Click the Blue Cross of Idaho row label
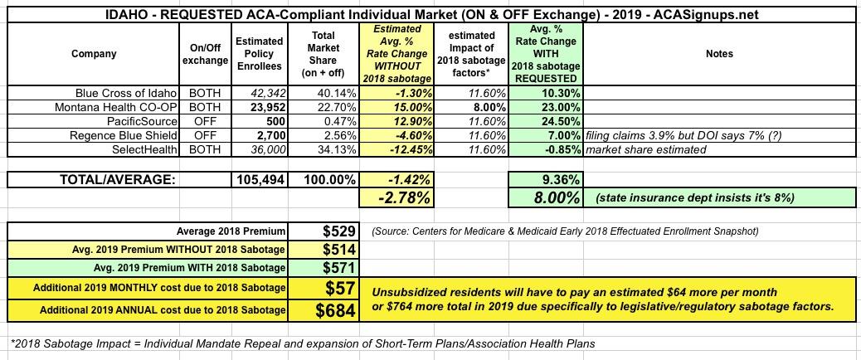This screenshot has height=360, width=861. (x=126, y=94)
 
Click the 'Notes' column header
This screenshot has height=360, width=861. (x=719, y=54)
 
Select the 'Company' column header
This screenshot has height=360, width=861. (x=94, y=54)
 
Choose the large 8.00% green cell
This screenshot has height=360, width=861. (x=551, y=197)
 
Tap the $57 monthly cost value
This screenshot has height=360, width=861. (x=340, y=288)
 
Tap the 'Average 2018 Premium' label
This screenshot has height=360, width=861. (x=231, y=230)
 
